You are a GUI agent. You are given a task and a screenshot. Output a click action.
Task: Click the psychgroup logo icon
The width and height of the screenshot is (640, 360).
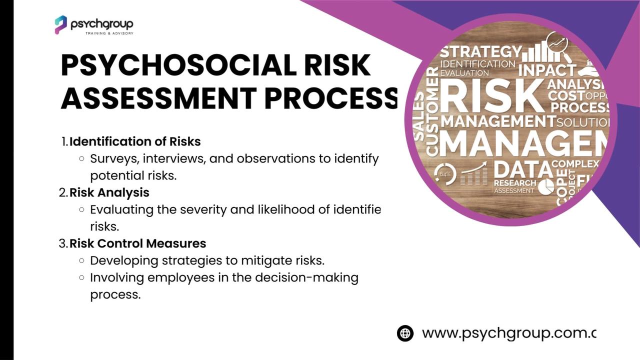[60, 24]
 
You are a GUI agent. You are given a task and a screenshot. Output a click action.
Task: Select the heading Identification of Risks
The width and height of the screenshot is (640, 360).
[135, 141]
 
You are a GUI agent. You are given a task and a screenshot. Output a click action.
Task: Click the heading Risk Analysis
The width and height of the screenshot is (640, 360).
[109, 192]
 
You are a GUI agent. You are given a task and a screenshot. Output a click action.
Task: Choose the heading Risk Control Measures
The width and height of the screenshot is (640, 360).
[137, 243]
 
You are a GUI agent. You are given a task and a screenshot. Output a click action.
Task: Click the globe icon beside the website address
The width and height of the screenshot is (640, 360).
[405, 333]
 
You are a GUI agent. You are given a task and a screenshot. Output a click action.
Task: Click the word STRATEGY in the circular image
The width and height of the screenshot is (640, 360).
[480, 52]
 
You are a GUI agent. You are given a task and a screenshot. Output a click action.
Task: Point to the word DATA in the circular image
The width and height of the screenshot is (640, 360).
[522, 169]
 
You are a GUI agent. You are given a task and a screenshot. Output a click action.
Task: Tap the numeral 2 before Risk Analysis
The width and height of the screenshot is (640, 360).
[62, 192]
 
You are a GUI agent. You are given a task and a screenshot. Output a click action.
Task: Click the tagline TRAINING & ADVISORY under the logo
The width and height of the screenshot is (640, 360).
[109, 33]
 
